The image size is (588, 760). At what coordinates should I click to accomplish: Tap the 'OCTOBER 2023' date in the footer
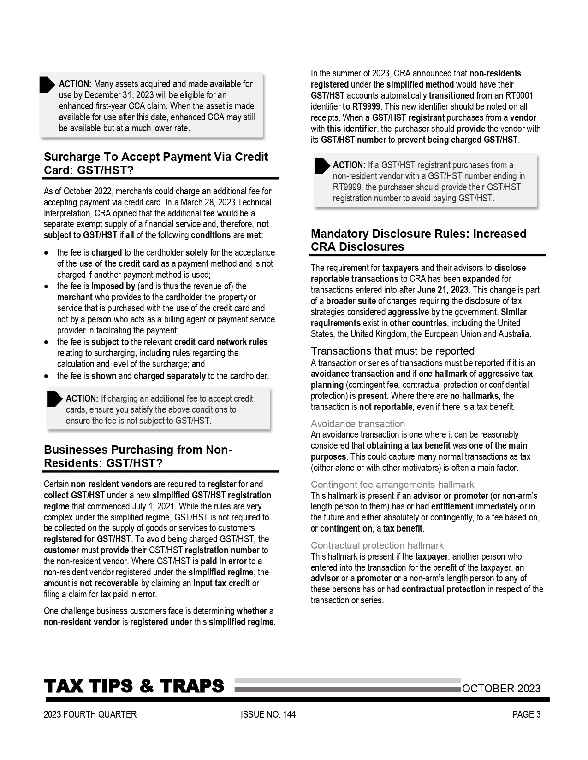coord(501,689)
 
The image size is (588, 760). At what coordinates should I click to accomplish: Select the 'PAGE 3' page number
coord(526,714)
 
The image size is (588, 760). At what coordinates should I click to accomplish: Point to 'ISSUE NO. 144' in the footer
coord(268,714)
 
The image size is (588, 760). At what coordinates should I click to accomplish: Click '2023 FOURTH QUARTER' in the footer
coord(90,714)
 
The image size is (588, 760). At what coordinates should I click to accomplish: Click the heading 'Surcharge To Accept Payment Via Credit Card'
coord(156,164)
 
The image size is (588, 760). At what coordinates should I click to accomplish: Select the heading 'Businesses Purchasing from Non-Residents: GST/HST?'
coord(138,456)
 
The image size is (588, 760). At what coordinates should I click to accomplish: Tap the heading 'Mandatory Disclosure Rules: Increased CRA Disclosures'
coord(418,240)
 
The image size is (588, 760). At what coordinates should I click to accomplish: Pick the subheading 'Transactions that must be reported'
coord(392,351)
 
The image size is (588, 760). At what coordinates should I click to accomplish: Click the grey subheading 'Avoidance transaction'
coord(357,424)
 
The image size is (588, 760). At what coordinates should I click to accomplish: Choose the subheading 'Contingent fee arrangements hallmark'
coord(392,485)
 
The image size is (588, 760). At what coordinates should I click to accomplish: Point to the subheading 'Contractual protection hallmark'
coord(377,545)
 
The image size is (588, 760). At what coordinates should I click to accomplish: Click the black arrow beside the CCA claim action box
coord(47,85)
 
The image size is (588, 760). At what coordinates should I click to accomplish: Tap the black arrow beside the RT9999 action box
coord(321,166)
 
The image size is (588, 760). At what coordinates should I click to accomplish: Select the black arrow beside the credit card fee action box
coord(54,399)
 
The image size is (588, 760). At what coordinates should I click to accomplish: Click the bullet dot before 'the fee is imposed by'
coord(46,286)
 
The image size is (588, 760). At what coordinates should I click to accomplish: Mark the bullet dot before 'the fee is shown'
coord(46,376)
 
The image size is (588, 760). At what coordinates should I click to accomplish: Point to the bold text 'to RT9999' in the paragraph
coord(361,106)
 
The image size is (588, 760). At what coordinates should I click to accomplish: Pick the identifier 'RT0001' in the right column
coord(519,95)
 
